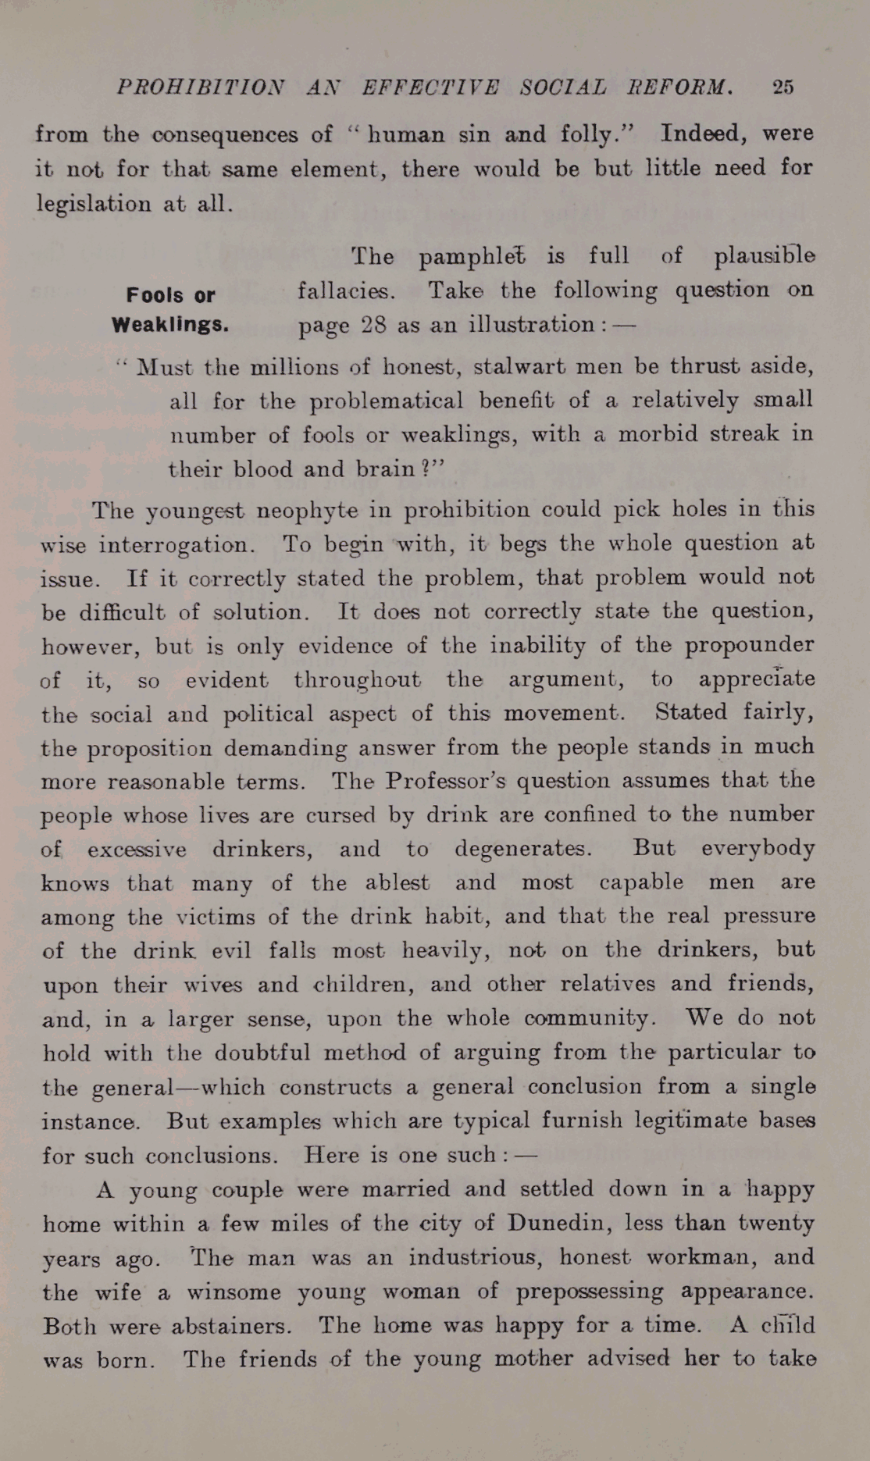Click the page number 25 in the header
point(783,87)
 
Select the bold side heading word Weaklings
point(170,324)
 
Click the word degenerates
point(522,848)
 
